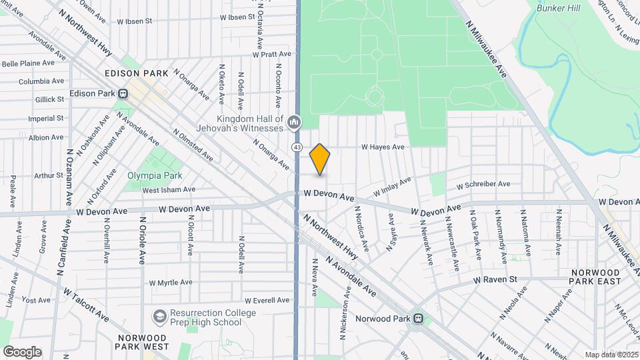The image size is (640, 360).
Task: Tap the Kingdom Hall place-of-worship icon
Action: point(294,122)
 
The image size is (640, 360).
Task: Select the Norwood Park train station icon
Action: point(418,319)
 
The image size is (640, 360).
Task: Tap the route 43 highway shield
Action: point(297,146)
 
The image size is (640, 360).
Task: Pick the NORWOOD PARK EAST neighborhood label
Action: point(595,277)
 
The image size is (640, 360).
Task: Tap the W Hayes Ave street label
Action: point(383,147)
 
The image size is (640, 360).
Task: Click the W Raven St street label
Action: point(495,280)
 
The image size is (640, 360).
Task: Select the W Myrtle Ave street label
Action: point(171,283)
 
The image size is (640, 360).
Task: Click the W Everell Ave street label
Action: point(267,301)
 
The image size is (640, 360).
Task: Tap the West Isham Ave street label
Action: point(169,189)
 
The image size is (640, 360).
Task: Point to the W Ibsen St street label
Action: point(134,21)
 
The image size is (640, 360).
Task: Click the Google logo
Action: point(21,352)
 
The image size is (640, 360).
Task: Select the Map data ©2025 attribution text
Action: point(611,355)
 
